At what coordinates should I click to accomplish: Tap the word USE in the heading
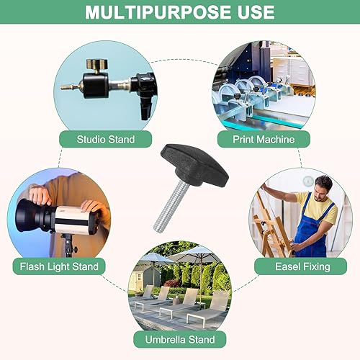[256, 12]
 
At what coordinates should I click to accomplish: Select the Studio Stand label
[106, 139]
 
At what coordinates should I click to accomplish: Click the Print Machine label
[264, 139]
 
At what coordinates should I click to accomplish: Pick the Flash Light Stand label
[59, 266]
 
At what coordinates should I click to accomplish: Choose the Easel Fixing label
[302, 266]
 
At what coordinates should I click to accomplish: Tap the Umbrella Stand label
[180, 339]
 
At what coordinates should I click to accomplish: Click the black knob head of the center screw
[194, 166]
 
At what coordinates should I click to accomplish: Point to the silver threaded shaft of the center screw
[170, 207]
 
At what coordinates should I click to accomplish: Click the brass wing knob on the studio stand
[97, 64]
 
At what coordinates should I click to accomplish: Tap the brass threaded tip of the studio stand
[69, 87]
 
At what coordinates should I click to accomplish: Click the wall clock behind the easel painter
[308, 181]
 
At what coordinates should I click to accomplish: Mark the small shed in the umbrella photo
[144, 279]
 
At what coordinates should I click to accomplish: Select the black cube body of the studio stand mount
[96, 86]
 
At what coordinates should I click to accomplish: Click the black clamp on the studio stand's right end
[145, 96]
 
